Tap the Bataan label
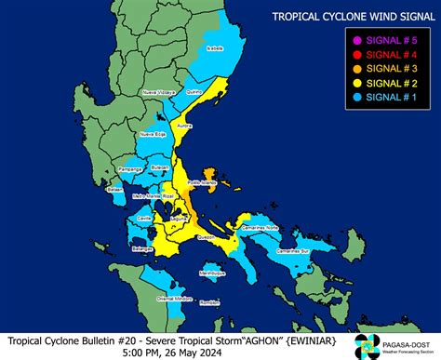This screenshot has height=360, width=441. [x=115, y=190]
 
